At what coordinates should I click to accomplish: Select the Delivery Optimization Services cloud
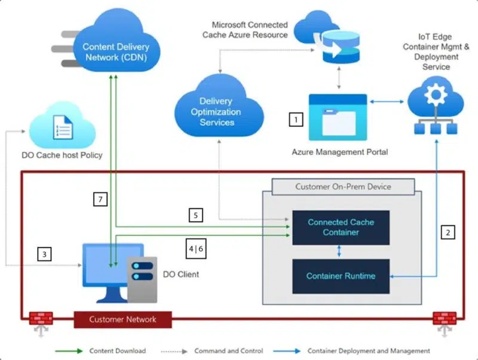tap(216, 111)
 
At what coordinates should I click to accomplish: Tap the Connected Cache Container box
tap(341, 227)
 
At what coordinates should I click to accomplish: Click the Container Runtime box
tap(341, 276)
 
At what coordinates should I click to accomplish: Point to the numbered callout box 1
tap(296, 120)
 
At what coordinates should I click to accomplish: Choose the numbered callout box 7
tap(100, 199)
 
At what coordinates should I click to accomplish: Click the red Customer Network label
tap(122, 319)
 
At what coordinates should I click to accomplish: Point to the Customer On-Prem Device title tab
tap(343, 187)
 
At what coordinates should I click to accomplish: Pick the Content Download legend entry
tap(117, 351)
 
